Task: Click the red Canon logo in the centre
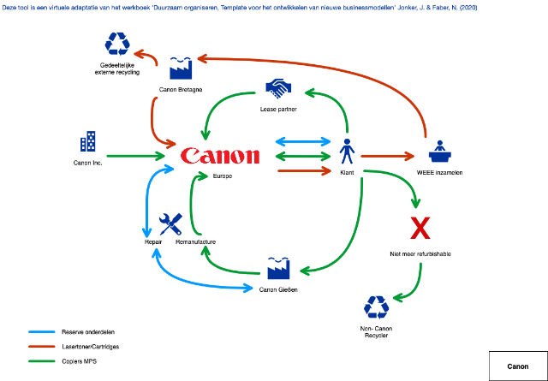pos(219,156)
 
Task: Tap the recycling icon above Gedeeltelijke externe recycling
pos(116,44)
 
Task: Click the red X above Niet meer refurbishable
pos(420,229)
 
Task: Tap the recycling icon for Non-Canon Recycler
pos(376,307)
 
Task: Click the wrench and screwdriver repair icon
pos(171,224)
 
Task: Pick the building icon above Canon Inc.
pos(87,142)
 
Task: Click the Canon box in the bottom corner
pos(517,366)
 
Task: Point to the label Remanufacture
pos(195,242)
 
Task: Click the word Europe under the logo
pos(223,176)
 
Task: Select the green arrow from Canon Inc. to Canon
pos(136,157)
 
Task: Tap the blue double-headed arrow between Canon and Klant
pos(303,141)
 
